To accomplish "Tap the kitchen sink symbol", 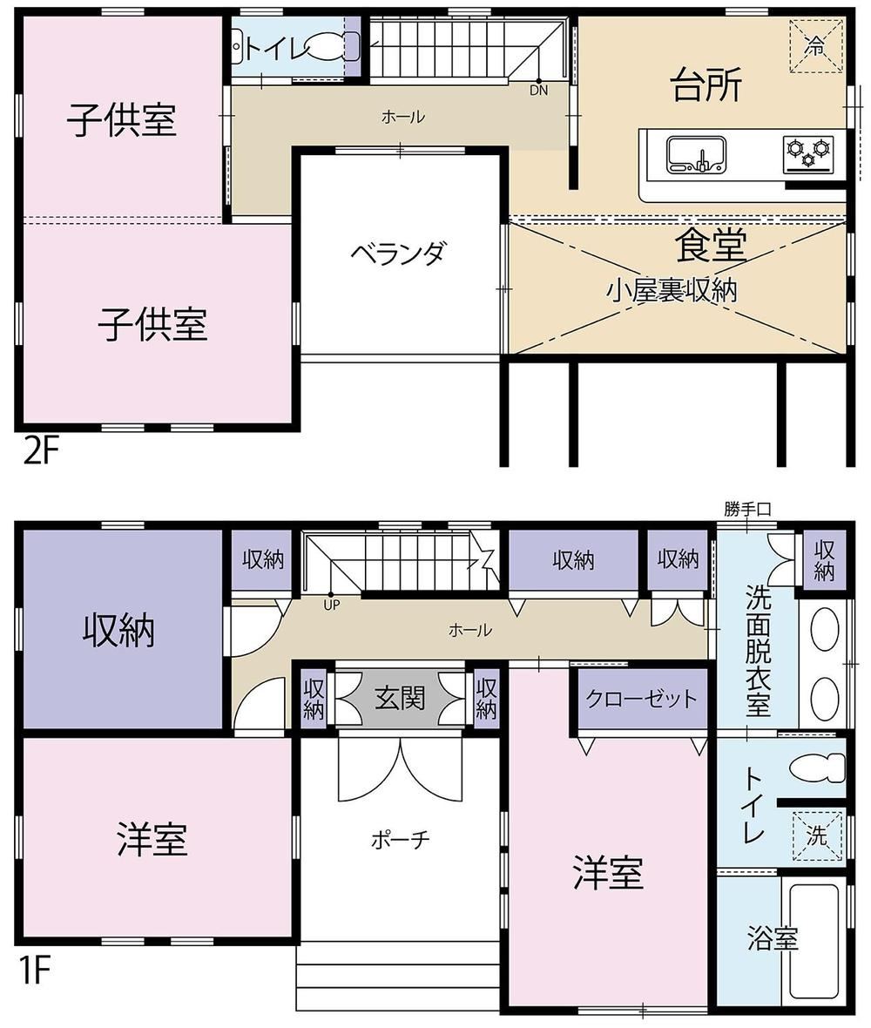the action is point(696,155).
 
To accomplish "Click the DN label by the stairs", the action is point(539,91).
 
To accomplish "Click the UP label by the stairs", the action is point(332,605).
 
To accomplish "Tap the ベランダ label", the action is point(398,253).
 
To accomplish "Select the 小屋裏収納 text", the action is point(672,290).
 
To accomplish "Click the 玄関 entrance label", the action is point(400,699).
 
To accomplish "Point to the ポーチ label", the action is point(400,839).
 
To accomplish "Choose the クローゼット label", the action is point(642,699).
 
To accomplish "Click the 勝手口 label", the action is point(747,509).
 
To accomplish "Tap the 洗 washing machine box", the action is point(817,835).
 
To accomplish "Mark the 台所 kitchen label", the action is point(706,86).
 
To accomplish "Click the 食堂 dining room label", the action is point(711,245).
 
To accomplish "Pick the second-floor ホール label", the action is point(403,118).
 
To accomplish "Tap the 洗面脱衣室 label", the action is point(759,651).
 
